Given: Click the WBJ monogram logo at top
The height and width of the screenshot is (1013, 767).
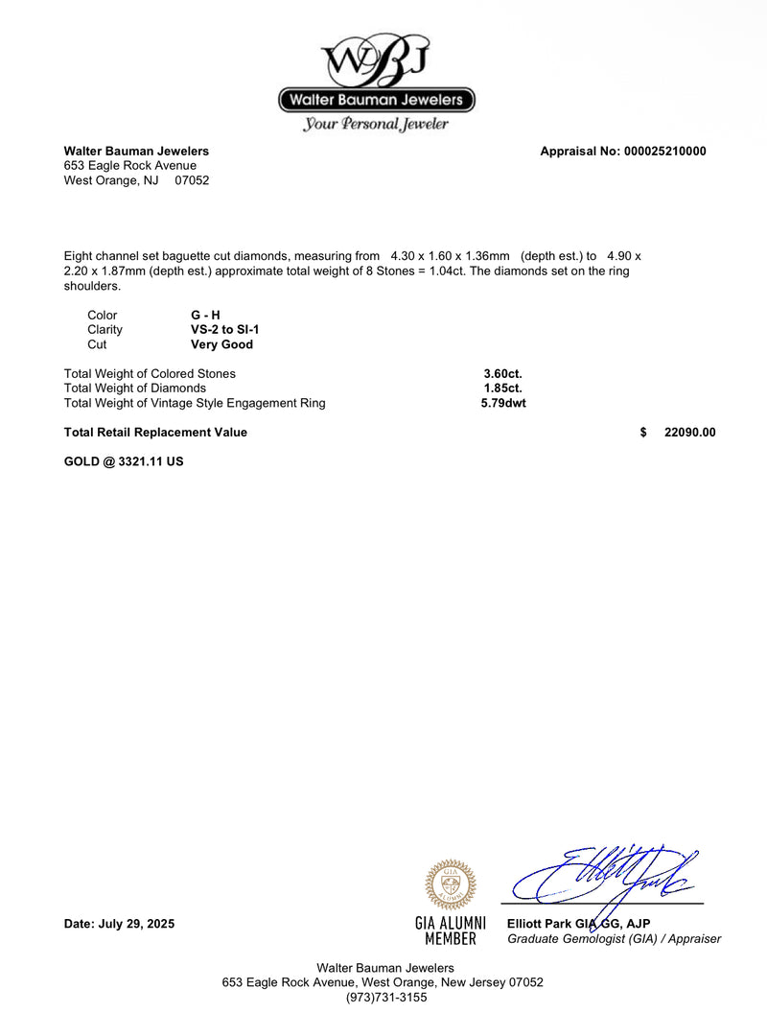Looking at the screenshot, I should (x=376, y=59).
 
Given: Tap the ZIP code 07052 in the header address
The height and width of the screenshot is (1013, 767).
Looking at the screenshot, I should (x=192, y=180).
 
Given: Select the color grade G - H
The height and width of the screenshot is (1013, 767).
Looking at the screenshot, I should (x=205, y=315).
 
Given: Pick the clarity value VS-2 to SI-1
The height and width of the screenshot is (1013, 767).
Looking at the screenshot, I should (x=225, y=330).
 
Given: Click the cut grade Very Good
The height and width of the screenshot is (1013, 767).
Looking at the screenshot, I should (x=221, y=344).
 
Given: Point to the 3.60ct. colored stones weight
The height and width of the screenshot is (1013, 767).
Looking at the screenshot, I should (x=502, y=373).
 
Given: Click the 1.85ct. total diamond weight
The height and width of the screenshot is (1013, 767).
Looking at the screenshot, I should (x=502, y=389).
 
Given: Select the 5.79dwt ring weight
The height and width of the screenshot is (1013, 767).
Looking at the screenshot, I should (x=503, y=403).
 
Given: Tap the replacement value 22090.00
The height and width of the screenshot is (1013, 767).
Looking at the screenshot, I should (x=689, y=433).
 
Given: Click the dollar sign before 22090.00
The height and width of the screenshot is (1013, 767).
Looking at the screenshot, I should (x=643, y=433).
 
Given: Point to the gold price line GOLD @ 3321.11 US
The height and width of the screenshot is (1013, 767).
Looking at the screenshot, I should (x=124, y=461).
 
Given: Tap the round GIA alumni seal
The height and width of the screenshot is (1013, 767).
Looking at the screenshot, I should (x=451, y=884).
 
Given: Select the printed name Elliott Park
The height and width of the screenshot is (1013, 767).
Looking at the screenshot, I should (x=540, y=924).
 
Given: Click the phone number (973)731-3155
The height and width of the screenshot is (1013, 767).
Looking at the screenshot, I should (x=386, y=997).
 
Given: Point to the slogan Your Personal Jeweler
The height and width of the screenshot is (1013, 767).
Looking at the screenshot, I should (x=376, y=124).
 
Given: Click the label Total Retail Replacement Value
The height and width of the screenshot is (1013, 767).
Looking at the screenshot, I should (x=155, y=433).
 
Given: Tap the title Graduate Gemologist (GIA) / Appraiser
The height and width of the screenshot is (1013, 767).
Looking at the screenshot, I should (x=614, y=939).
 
